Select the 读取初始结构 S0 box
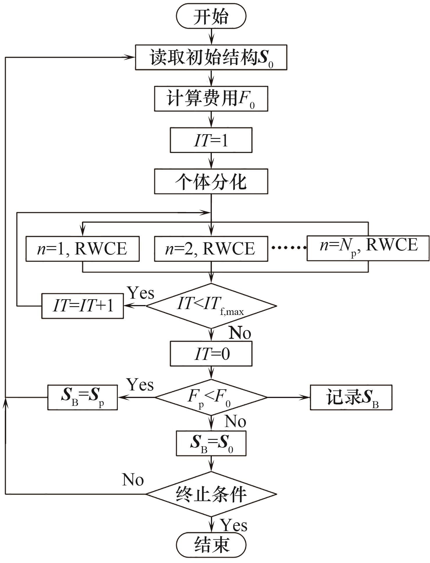coord(211,58)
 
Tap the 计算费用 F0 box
coord(211,99)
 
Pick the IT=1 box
coord(211,140)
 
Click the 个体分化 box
coord(211,182)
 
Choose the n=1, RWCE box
coord(82,249)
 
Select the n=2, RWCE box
coord(211,249)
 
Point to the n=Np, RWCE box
coord(368,248)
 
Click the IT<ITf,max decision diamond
coord(211,306)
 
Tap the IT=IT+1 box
coord(82,306)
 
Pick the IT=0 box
coord(211,354)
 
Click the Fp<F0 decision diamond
coord(211,397)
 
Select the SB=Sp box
coord(82,397)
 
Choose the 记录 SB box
coord(351,397)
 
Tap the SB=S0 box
coord(211,443)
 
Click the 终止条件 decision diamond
coord(211,494)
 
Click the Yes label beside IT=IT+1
coord(141,293)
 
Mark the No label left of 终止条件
coord(133,480)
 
